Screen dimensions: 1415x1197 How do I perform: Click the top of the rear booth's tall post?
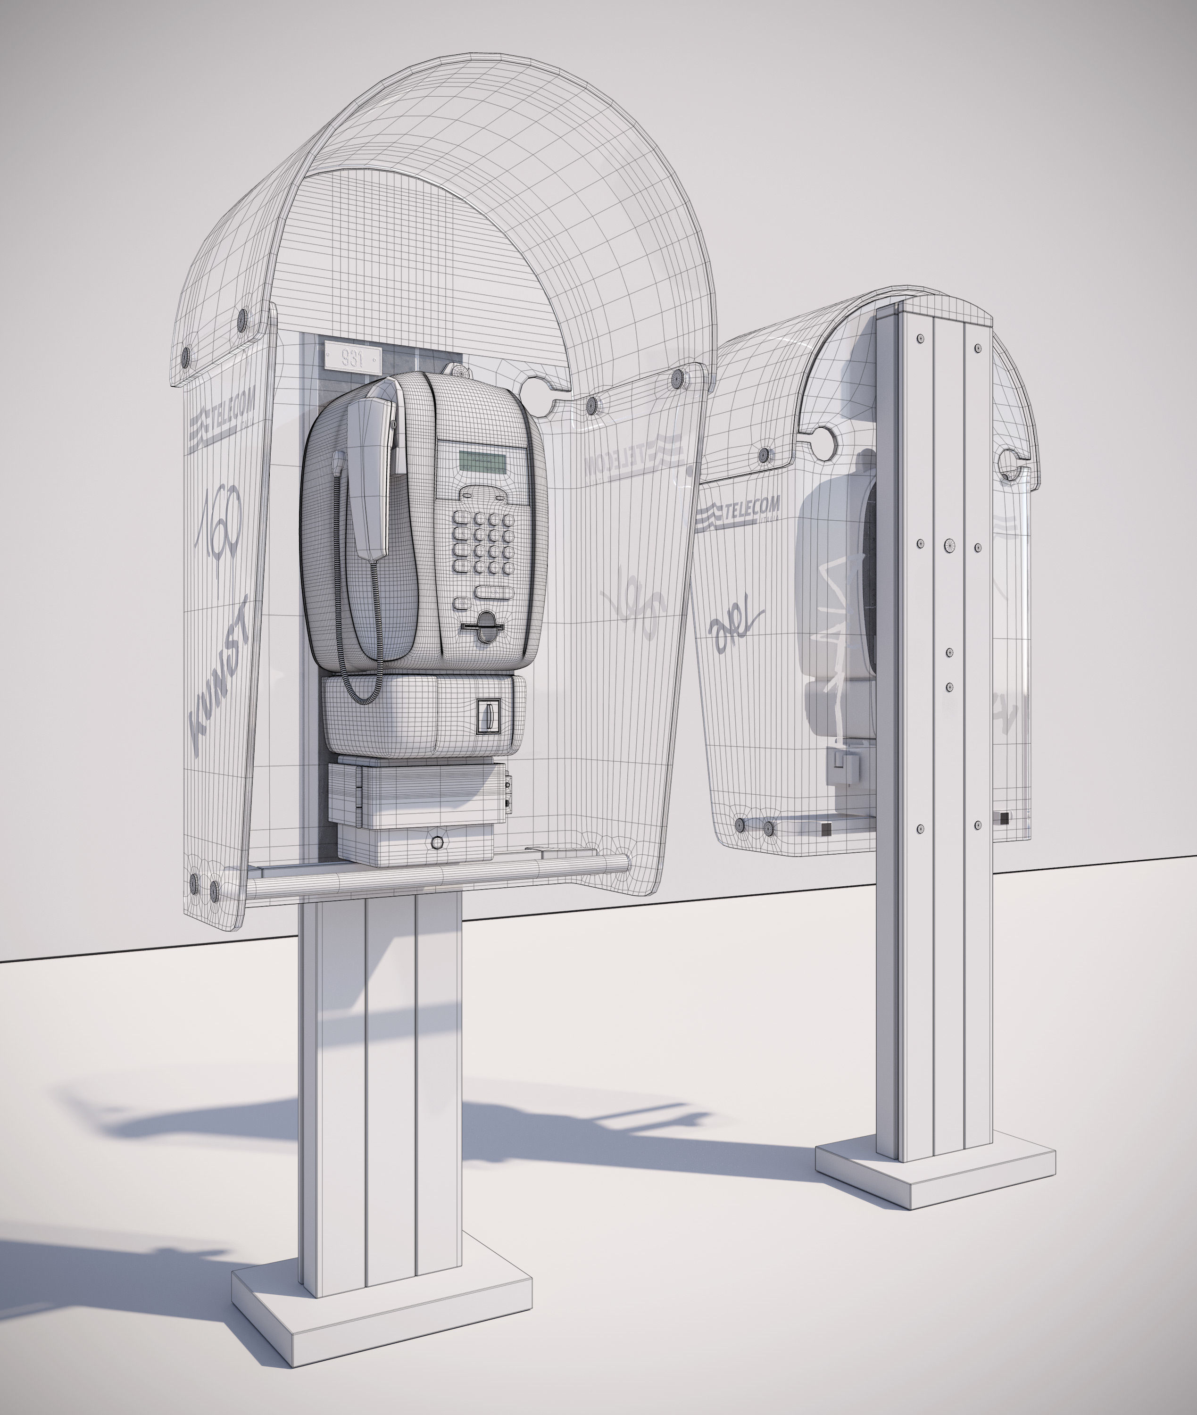[934, 309]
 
